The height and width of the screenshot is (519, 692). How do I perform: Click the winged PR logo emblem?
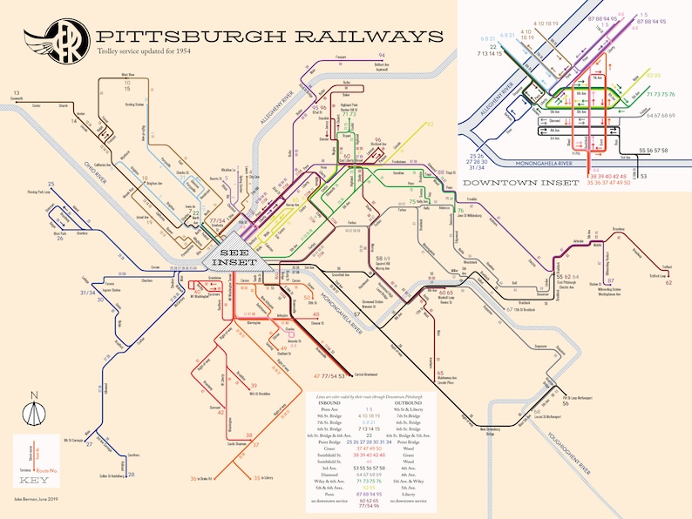pyautogui.click(x=45, y=41)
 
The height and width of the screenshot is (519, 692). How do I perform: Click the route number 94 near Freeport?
pyautogui.click(x=381, y=55)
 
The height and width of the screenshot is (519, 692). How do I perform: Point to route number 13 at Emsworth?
pyautogui.click(x=17, y=92)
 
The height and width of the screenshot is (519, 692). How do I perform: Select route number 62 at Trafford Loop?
pyautogui.click(x=668, y=282)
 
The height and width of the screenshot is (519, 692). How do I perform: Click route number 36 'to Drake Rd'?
pyautogui.click(x=193, y=478)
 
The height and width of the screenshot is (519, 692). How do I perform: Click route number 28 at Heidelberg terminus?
pyautogui.click(x=131, y=475)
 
